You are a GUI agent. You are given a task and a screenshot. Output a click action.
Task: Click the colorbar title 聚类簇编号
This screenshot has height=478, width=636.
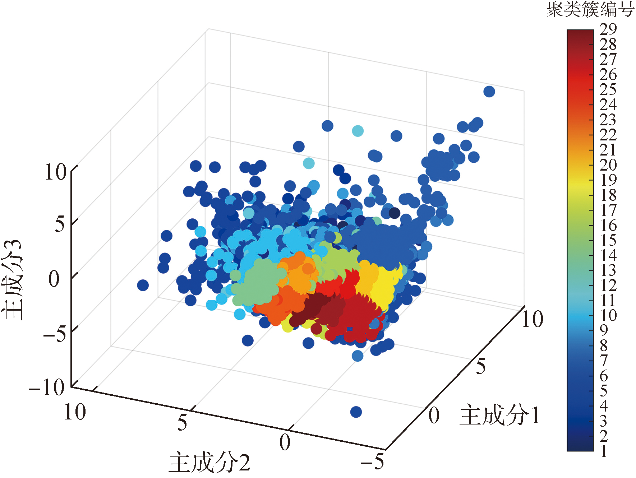point(590,9)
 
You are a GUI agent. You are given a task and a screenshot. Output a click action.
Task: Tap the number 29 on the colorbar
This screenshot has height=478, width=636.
point(608,29)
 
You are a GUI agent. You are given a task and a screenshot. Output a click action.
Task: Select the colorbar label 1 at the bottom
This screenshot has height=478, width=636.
point(604,451)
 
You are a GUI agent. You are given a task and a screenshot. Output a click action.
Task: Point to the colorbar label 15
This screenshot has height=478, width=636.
point(608,240)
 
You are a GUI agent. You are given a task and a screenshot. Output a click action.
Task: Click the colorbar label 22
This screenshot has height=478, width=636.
point(608,135)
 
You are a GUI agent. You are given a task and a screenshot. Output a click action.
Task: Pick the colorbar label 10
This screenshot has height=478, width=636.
point(608,315)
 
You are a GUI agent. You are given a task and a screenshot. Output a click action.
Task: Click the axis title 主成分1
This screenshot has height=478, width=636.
point(499,415)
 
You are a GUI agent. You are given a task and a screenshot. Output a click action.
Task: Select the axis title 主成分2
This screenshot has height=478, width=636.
point(209,462)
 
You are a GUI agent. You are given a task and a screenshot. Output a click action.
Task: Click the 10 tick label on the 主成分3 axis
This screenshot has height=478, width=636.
point(55,172)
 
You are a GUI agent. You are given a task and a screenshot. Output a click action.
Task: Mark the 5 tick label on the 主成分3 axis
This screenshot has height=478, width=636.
point(60,224)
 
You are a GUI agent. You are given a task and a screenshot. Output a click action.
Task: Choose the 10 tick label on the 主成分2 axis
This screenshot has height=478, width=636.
point(75,412)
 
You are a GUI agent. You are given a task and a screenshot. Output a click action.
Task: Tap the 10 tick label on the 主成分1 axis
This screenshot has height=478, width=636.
point(532,319)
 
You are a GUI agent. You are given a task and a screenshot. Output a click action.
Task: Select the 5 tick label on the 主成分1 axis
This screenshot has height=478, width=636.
point(481,367)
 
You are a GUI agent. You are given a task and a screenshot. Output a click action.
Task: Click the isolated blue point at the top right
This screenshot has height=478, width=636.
point(489,92)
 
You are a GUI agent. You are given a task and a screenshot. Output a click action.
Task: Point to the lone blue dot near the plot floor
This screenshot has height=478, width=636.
point(356,412)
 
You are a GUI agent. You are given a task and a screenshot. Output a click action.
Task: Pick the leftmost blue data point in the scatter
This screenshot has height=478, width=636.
point(143,285)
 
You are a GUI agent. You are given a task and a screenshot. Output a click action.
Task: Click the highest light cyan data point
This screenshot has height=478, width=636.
point(358,131)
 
